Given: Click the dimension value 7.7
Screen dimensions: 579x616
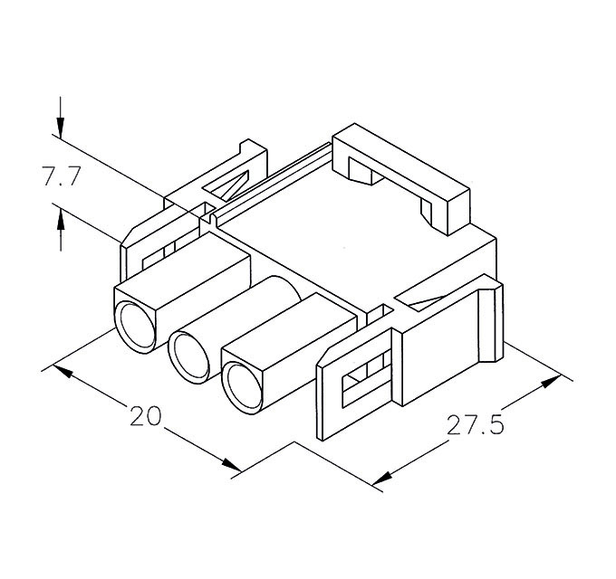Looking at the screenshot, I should (x=61, y=176).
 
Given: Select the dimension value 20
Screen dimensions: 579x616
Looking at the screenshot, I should (x=145, y=416).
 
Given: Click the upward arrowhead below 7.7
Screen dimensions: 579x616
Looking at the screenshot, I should (x=61, y=217).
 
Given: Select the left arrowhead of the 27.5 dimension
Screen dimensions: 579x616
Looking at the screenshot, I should (x=382, y=477).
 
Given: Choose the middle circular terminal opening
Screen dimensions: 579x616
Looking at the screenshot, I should (x=190, y=355).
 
